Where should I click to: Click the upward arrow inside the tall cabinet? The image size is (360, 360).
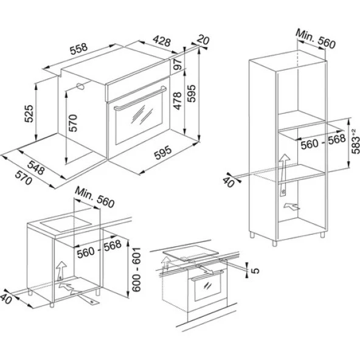coord(283,165)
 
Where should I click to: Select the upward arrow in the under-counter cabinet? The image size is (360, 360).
coord(61,269)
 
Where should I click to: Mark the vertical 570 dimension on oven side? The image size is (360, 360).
coord(72,123)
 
